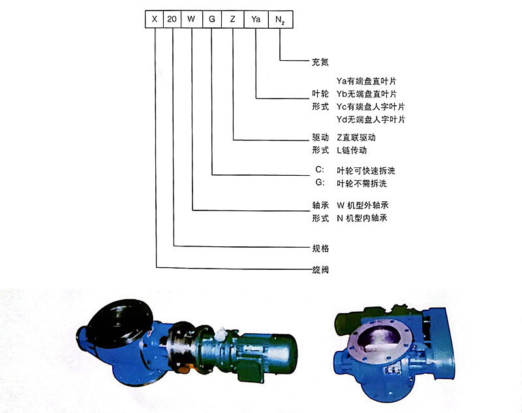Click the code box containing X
(154, 20)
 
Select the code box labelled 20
(172, 20)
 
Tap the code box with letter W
(191, 20)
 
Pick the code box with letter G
(211, 20)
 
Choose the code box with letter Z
(233, 20)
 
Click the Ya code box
(256, 20)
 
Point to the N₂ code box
(281, 20)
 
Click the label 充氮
(320, 62)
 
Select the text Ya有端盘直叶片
(366, 81)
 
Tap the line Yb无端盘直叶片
(367, 94)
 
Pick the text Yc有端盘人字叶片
(371, 107)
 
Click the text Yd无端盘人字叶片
(371, 120)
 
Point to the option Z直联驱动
(356, 138)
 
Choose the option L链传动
(352, 150)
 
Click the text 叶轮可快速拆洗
(366, 171)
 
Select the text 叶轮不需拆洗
(361, 184)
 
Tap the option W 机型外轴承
(363, 205)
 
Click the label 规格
(320, 248)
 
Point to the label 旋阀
(320, 269)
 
